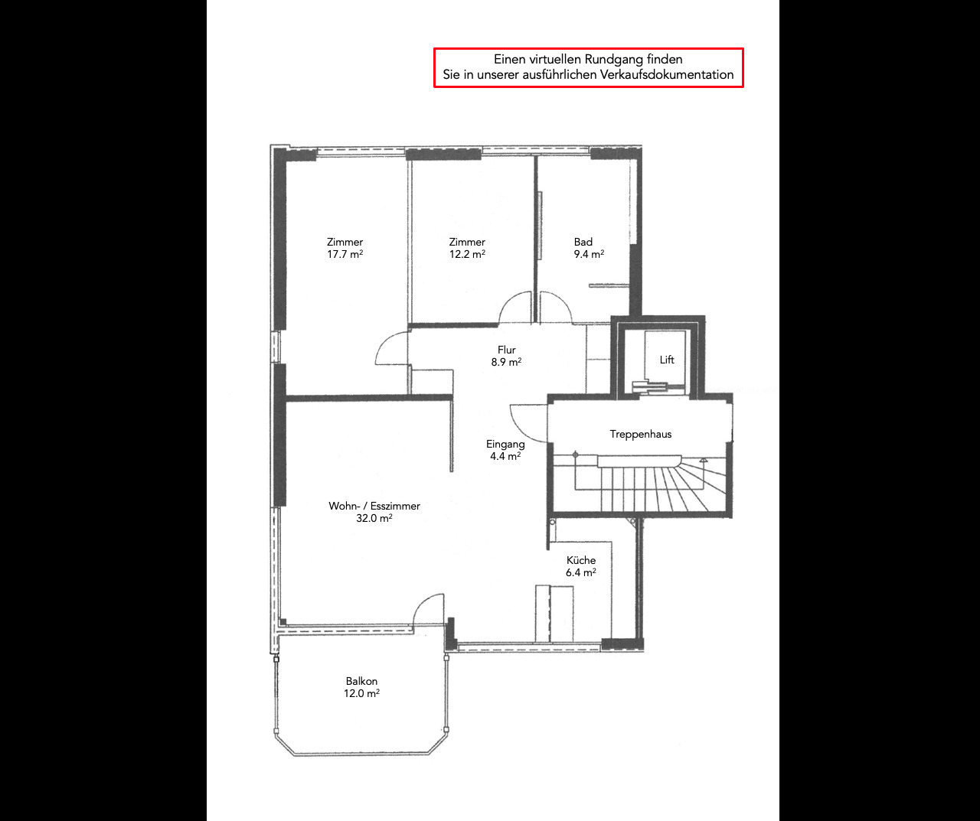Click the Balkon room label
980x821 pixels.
(361, 681)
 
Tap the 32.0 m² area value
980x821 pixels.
(374, 518)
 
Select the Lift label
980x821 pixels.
(667, 360)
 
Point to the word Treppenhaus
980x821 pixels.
(640, 434)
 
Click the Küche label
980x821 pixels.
(581, 560)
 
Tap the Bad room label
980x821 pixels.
(583, 242)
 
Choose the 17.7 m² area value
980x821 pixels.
(345, 254)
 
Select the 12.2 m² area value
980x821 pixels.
(467, 254)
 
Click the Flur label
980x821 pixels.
(506, 350)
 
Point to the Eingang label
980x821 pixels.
(505, 444)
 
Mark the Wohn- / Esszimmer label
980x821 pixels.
(374, 506)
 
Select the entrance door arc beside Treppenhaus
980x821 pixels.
(524, 421)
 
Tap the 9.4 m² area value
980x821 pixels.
(589, 254)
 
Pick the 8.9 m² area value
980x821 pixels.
(506, 362)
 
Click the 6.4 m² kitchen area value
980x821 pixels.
(580, 572)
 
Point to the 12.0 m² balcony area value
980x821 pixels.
(361, 693)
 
